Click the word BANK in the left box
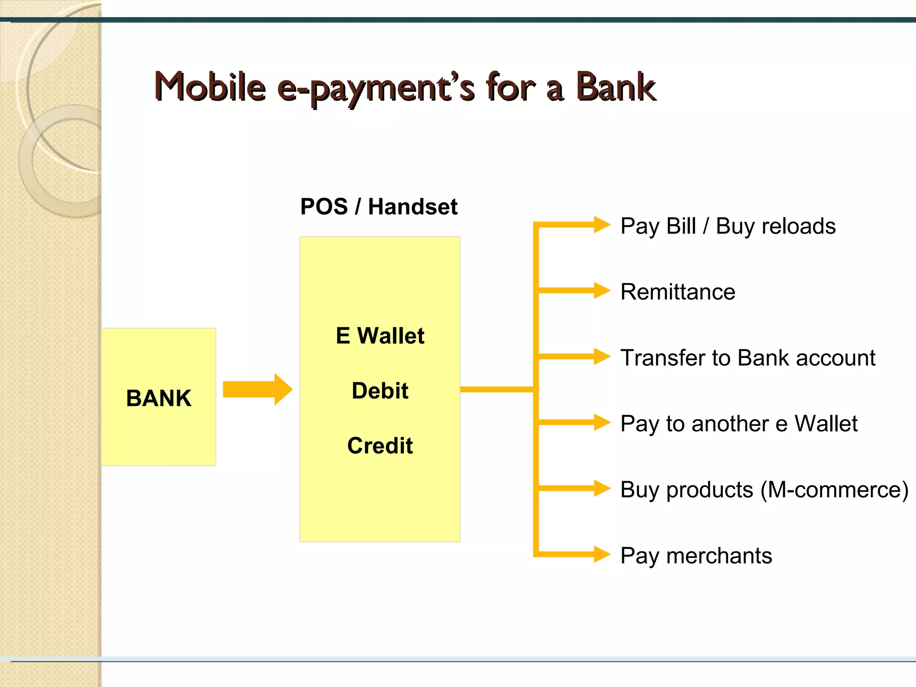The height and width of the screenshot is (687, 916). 159,398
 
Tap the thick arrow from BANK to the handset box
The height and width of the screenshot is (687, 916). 257,389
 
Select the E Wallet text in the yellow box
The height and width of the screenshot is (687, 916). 380,335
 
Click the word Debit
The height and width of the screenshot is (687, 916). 380,390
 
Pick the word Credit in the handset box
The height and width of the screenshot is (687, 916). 380,445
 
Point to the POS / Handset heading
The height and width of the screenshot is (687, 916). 378,207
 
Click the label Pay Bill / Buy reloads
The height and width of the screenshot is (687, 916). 728,226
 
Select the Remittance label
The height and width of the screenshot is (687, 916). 678,292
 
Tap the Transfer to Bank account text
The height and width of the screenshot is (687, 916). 747,358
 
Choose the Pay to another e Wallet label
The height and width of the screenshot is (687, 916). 738,424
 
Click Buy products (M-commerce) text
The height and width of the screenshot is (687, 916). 764,489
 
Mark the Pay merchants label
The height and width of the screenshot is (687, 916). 696,556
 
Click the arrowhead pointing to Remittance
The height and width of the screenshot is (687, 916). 602,290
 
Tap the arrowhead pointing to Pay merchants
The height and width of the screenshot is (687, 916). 602,554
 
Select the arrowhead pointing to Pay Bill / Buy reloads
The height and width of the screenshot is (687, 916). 602,225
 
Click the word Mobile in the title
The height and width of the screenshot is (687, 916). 210,87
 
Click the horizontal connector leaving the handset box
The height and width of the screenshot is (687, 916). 496,390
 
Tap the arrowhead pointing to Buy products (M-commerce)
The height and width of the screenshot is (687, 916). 602,488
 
